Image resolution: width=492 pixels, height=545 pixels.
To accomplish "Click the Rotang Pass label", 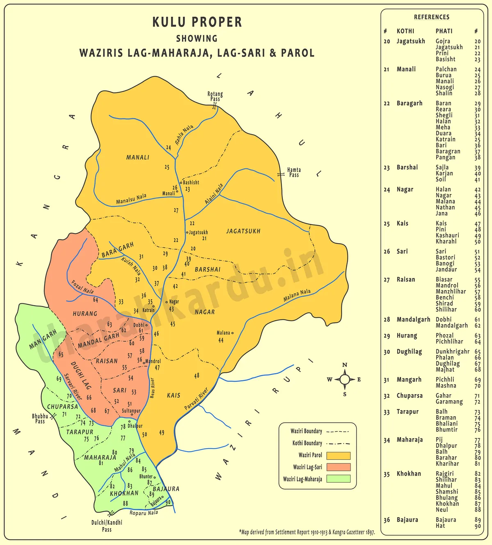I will [x=215, y=96].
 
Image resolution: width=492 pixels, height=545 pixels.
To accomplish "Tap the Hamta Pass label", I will [x=294, y=172].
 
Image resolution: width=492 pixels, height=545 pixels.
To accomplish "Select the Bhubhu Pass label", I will [x=40, y=419].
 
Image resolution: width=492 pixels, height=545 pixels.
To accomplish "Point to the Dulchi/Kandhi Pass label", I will [x=107, y=526].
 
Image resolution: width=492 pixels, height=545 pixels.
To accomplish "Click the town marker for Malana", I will [x=232, y=333].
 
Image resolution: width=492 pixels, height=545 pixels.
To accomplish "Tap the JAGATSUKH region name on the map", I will [x=243, y=231].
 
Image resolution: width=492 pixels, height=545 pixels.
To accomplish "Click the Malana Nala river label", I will [x=297, y=295].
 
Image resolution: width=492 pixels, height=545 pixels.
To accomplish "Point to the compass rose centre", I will [x=345, y=379].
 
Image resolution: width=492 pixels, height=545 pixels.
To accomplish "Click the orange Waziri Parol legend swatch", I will [x=338, y=456].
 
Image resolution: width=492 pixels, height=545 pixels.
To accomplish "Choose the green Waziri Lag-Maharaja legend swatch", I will [x=338, y=479].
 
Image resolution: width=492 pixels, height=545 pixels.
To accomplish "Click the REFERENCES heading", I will [x=431, y=17].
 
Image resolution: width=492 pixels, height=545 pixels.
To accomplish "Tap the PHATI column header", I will [x=444, y=31].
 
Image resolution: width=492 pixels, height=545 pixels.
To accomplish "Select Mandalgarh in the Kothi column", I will [x=413, y=319].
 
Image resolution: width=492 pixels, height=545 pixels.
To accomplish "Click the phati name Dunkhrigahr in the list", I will [x=452, y=351].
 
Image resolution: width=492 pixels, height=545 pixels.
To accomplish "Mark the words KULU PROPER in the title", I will [x=197, y=22].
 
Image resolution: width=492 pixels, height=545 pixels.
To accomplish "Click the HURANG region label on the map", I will [x=85, y=314].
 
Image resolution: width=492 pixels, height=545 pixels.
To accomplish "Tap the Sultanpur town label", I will [x=131, y=410].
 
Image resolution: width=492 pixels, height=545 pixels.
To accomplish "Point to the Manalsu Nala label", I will [x=131, y=199].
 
